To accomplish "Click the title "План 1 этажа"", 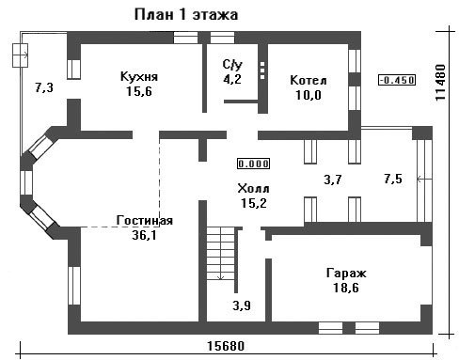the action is click(186, 15).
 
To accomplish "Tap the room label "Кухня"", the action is click(139, 76).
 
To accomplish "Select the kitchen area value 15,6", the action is click(139, 91).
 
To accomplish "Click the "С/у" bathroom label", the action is click(232, 65).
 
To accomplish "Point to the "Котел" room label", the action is click(309, 80).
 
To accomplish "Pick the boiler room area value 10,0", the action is click(309, 95).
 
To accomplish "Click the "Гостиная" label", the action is click(144, 220).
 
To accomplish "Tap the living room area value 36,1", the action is click(144, 235).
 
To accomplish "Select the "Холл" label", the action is click(253, 189).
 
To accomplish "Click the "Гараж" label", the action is click(346, 274).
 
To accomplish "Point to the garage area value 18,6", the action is click(346, 288).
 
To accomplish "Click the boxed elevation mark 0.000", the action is click(254, 164).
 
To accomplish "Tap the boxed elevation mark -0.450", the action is click(397, 80).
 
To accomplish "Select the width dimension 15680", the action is click(226, 346).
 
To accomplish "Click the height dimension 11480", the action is click(440, 83).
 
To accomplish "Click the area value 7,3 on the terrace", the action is click(44, 87).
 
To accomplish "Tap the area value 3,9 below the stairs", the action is click(242, 305).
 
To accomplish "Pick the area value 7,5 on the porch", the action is click(393, 179).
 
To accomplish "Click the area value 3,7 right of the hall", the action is click(333, 180).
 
